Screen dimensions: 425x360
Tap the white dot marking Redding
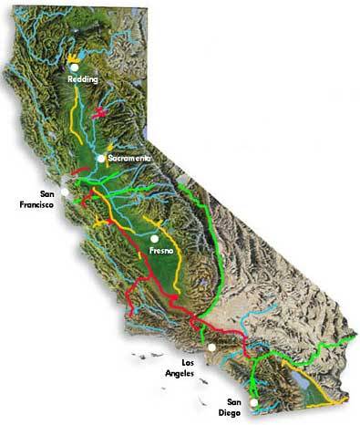[74, 67]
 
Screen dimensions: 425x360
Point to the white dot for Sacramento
[101, 159]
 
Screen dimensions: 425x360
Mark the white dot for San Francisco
[65, 193]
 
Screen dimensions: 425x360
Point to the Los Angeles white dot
[211, 347]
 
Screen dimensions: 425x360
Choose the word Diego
[236, 412]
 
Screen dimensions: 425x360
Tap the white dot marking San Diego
[253, 402]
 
